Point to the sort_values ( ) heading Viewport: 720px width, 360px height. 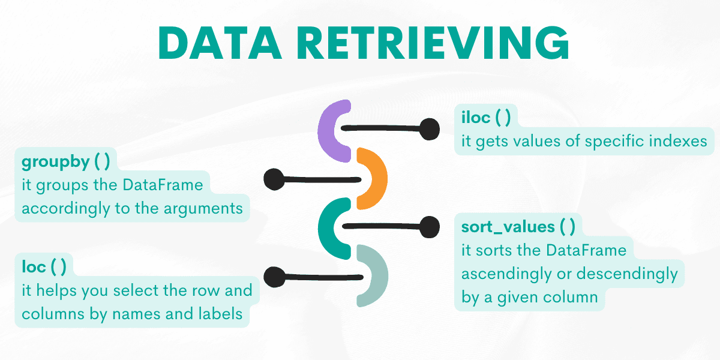[x=518, y=226]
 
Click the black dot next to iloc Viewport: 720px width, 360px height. [x=429, y=129]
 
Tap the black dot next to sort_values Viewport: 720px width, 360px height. [x=429, y=227]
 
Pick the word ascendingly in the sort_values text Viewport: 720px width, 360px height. [x=511, y=274]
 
